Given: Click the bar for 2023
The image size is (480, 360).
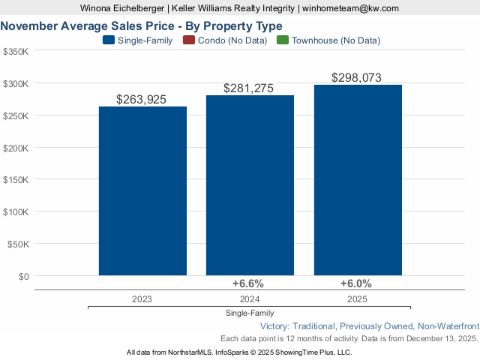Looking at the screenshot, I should (x=142, y=190).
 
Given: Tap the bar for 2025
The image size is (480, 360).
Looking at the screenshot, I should (x=358, y=179).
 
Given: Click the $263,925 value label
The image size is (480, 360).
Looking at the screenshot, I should (x=142, y=99).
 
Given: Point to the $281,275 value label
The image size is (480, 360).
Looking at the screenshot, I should (x=249, y=88).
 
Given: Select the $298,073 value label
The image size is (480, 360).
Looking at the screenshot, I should (x=357, y=77).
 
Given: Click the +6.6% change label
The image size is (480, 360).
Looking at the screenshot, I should (x=248, y=283).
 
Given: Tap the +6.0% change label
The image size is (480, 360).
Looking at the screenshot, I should (x=355, y=283).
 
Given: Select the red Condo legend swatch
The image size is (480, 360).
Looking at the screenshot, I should (x=188, y=40).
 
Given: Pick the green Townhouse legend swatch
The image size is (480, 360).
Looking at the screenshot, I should (x=283, y=40).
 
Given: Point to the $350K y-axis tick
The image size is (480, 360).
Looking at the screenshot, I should (x=16, y=52).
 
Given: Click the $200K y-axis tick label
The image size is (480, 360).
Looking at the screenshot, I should (x=16, y=148).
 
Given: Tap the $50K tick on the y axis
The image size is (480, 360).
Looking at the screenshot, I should (x=18, y=244).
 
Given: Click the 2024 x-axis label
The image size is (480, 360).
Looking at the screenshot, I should (x=249, y=298).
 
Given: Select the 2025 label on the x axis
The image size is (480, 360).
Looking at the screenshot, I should (x=357, y=298).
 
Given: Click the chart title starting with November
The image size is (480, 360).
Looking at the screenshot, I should (x=142, y=25).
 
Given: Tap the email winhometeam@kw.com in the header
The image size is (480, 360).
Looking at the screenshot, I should (x=350, y=7).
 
